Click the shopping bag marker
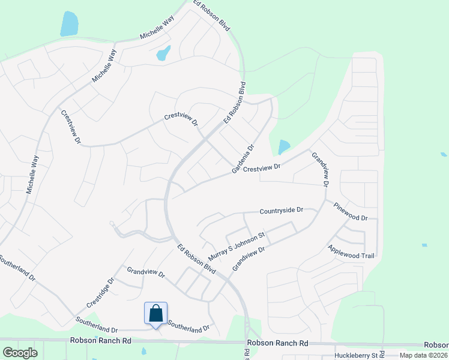[155, 314]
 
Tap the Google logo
[20, 352]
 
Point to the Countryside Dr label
[282, 211]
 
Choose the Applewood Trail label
[351, 251]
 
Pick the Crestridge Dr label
[100, 292]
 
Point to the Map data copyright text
[424, 355]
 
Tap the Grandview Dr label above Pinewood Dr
[321, 169]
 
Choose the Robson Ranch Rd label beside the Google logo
[100, 340]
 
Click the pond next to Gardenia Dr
[283, 147]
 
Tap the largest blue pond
[69, 24]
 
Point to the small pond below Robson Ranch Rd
[143, 351]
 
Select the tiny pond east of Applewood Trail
[424, 245]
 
